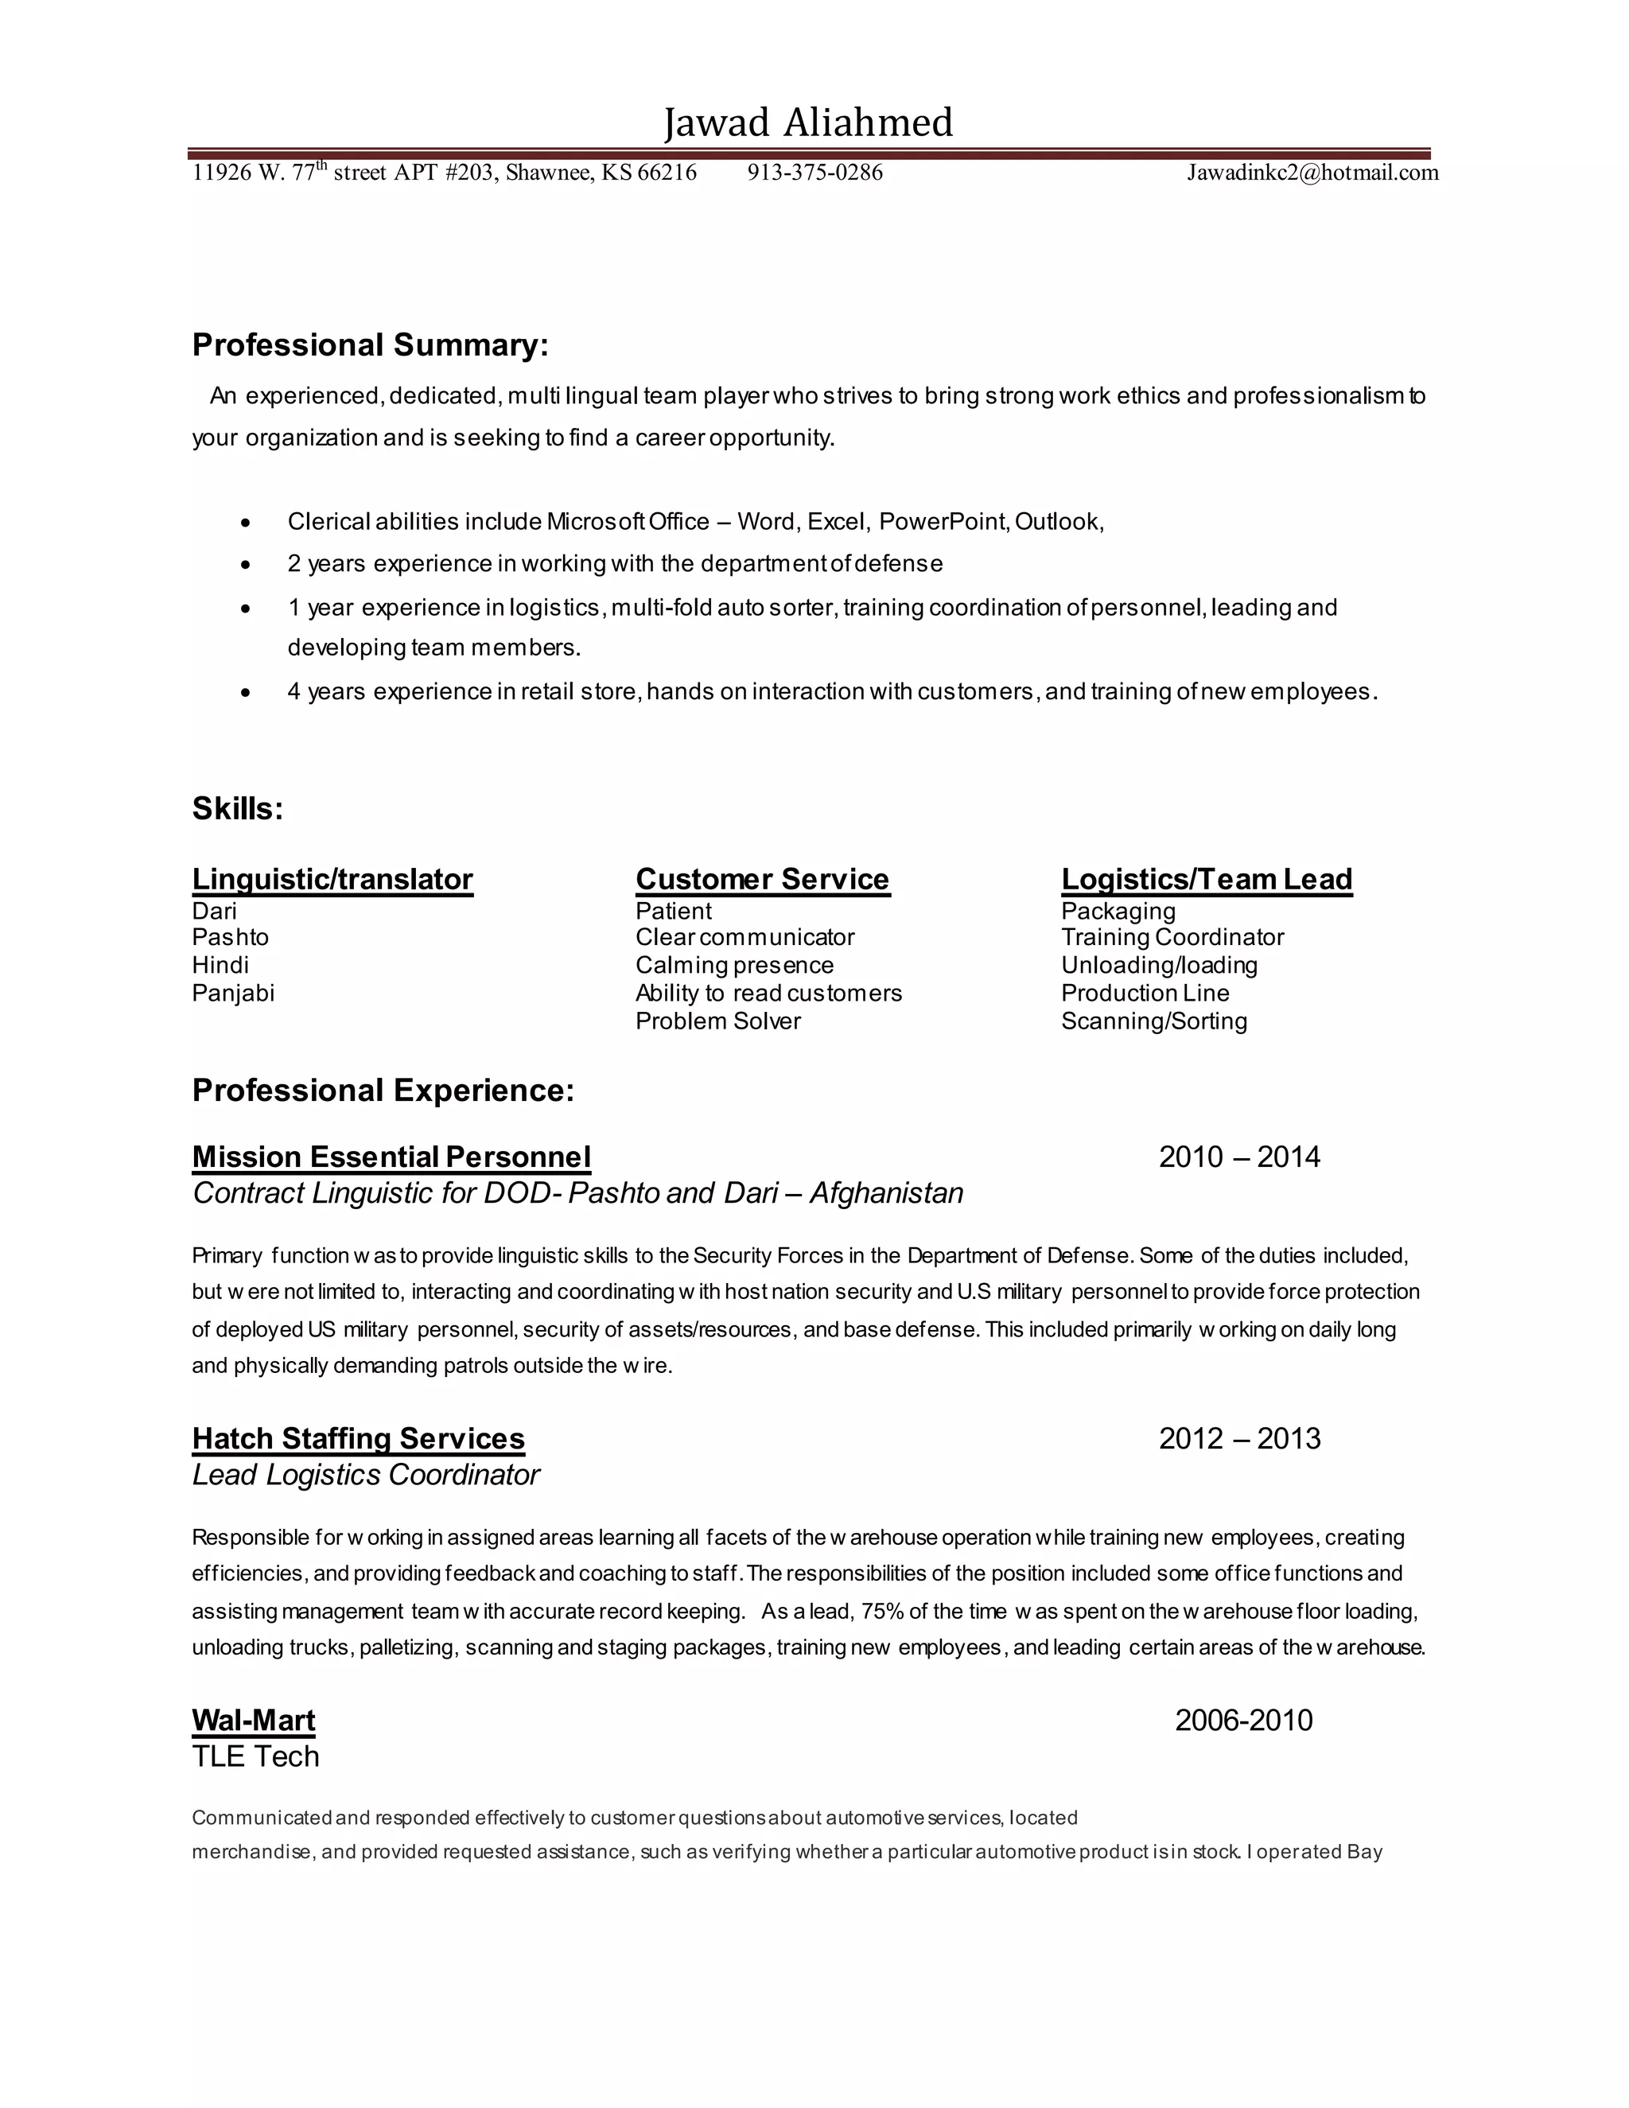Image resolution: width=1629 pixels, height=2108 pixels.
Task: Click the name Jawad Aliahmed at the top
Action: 808,123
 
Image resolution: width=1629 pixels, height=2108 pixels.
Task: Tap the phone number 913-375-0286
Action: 814,173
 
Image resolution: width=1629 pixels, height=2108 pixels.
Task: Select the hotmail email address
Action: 1312,173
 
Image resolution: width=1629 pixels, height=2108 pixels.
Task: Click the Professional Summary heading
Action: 370,344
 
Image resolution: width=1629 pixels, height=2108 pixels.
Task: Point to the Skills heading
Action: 237,808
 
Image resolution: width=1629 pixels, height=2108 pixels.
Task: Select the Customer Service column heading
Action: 761,879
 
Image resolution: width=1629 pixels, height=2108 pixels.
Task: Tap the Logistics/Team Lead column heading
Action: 1207,879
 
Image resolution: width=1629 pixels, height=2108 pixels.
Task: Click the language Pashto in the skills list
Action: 230,937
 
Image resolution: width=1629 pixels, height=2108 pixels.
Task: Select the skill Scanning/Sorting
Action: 1153,1021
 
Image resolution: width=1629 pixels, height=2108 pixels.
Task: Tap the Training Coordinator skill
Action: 1172,937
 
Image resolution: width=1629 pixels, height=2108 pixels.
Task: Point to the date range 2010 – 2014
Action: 1238,1157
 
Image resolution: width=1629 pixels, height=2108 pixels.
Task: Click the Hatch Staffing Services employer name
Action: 358,1438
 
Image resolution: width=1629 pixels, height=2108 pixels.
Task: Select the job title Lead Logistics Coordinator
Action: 365,1475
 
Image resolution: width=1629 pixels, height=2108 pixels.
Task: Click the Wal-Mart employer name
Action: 253,1720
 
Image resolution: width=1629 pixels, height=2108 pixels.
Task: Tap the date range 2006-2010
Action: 1243,1720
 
